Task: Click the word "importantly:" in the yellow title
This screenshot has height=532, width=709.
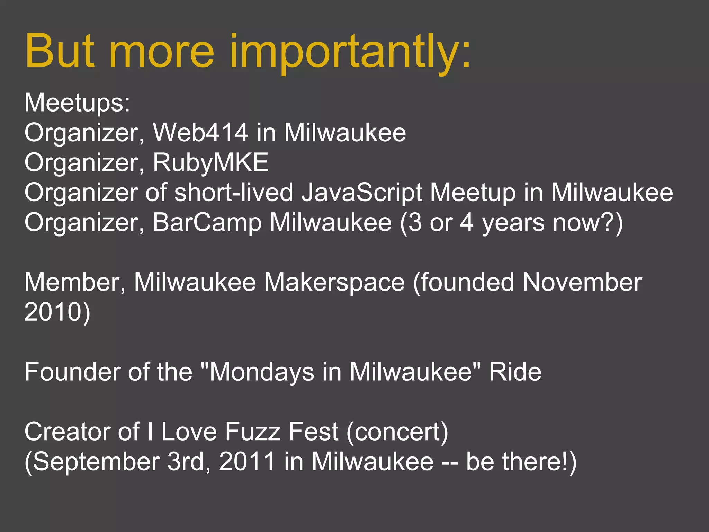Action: tap(350, 52)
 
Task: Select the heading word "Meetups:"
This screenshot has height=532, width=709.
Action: tap(77, 103)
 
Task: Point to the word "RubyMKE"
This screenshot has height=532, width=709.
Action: tap(210, 162)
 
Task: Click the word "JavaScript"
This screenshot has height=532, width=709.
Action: tap(361, 193)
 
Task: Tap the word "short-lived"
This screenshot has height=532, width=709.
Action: tap(234, 193)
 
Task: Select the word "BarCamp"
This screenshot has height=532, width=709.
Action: tap(207, 222)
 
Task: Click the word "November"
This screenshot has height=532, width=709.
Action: tap(582, 282)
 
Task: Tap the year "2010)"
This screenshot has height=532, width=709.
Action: tap(57, 312)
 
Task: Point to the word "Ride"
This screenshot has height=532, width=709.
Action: tap(515, 372)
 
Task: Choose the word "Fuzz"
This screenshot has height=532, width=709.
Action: tap(252, 432)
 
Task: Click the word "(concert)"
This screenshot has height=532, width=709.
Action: tap(397, 432)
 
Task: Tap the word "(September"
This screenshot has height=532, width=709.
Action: tap(92, 462)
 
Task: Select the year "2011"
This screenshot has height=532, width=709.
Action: tap(247, 462)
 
